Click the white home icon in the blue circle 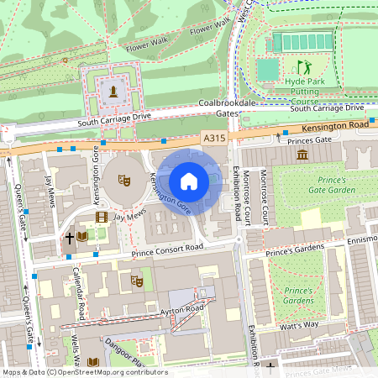[x=189, y=181]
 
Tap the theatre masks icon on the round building [x=123, y=179]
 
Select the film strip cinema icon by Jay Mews [x=102, y=218]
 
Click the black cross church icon [x=69, y=238]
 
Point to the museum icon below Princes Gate [x=302, y=155]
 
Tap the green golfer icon [x=303, y=67]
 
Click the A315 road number [x=213, y=136]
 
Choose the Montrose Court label [x=264, y=195]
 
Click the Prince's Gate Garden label [x=323, y=185]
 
